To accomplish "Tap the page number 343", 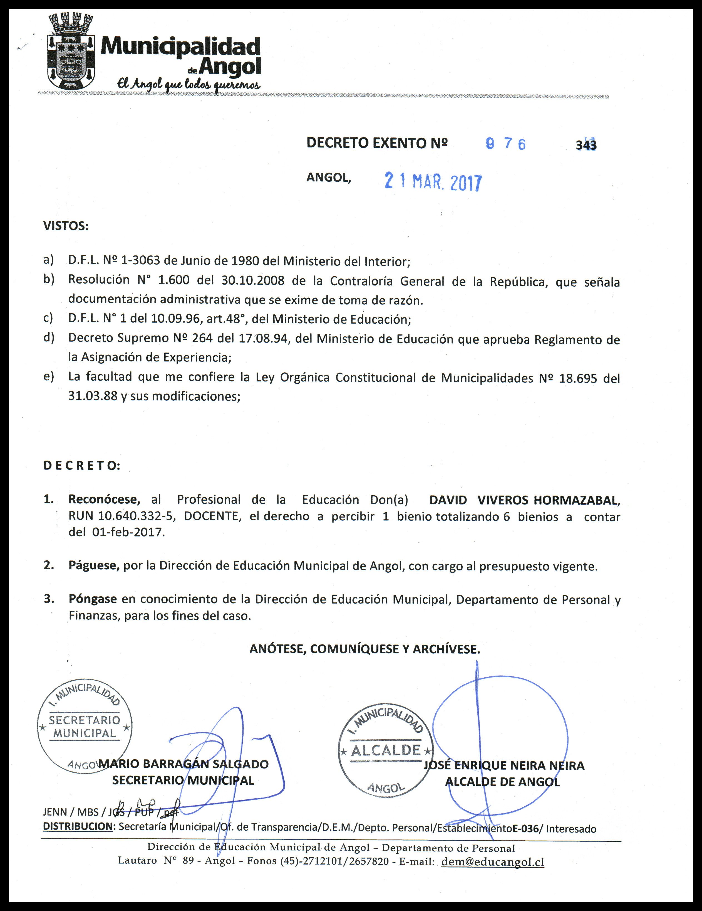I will [x=586, y=145].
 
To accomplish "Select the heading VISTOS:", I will [x=66, y=226].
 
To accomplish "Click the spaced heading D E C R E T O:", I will [x=82, y=466].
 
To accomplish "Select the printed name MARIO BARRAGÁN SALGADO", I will [x=183, y=764].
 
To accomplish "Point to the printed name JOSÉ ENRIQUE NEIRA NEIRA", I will [x=504, y=765].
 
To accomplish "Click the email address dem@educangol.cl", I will [x=492, y=862].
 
